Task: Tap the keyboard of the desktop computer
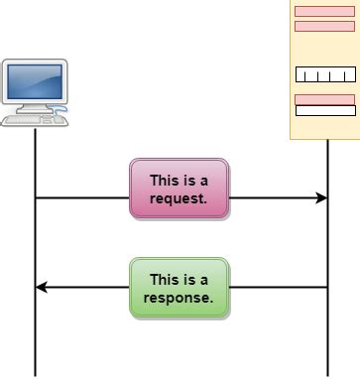click(33, 119)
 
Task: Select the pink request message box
click(179, 189)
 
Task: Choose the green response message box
click(179, 288)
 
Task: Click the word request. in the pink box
click(179, 197)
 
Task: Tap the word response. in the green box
click(180, 297)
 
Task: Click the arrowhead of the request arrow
click(321, 198)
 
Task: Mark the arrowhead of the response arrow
click(41, 288)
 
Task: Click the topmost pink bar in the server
click(324, 12)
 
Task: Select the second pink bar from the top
click(324, 26)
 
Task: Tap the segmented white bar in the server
click(324, 74)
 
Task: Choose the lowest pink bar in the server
click(324, 99)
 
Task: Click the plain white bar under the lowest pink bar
click(324, 111)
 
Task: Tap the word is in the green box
click(188, 280)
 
